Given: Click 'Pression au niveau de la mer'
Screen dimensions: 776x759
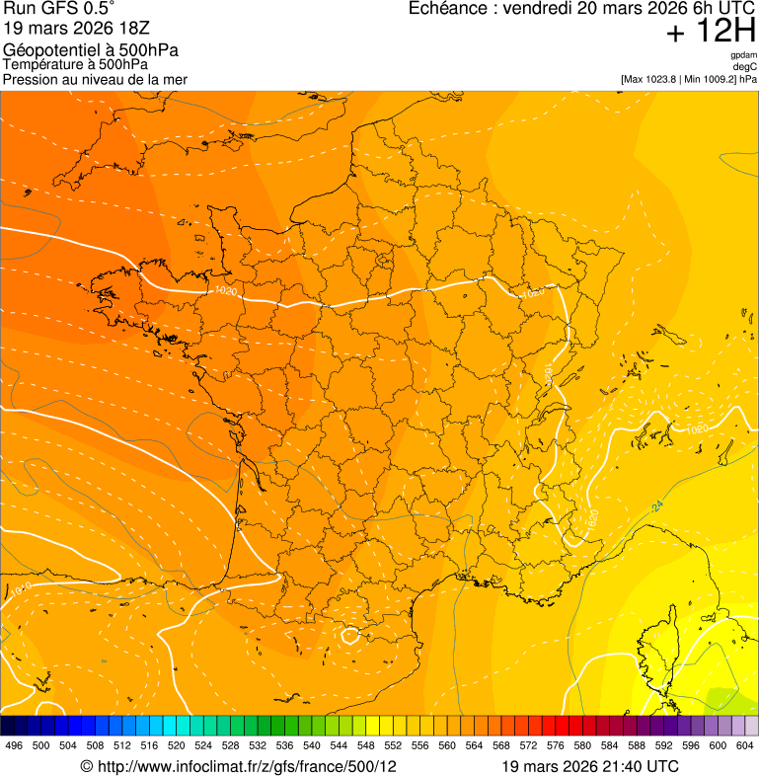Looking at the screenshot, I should point(95,79).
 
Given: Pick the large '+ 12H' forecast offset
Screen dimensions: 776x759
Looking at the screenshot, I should point(711,33).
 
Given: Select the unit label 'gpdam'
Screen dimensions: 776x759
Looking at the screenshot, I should point(743,55).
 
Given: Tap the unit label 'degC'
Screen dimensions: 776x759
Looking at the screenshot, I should point(745,67).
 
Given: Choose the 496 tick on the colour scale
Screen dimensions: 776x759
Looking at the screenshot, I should point(14,744).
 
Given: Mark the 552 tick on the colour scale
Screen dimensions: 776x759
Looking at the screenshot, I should point(393,744).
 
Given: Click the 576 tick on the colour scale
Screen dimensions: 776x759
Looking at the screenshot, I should point(556,744).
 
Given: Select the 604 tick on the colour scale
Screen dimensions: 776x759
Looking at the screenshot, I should point(745,744).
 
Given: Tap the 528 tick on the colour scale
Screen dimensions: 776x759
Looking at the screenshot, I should point(230,744).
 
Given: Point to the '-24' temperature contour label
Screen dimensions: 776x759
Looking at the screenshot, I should point(656,505).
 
